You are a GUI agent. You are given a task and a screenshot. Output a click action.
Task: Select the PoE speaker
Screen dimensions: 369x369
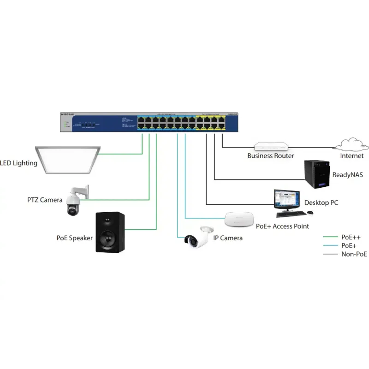click(110, 232)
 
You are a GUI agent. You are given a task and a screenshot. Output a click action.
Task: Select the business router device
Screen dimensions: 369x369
click(270, 146)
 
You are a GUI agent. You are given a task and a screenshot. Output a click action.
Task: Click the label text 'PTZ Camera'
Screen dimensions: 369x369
click(44, 200)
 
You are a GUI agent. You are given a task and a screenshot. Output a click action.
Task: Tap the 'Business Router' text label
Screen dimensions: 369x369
click(270, 156)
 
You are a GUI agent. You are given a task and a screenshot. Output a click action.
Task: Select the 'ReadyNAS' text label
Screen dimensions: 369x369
click(347, 175)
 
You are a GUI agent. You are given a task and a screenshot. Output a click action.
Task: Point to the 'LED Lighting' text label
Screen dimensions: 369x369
click(18, 163)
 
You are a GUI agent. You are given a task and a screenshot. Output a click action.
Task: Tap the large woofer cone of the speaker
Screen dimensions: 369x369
click(110, 238)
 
